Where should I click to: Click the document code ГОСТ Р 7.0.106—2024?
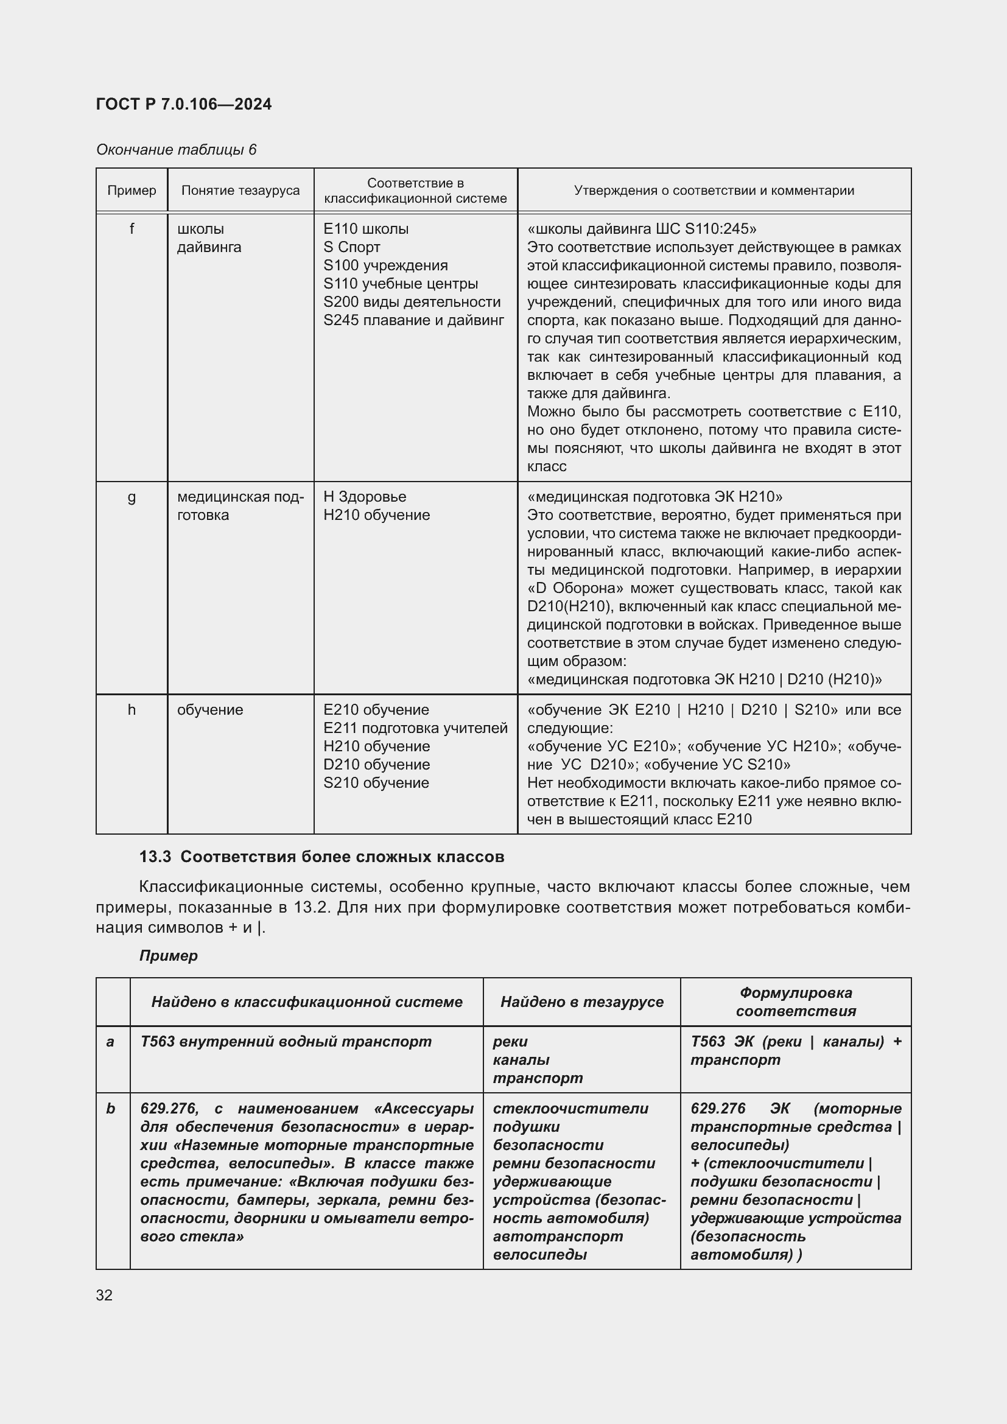click(183, 104)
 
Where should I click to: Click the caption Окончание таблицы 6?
click(176, 150)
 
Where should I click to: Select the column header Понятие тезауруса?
click(240, 191)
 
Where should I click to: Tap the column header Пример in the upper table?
click(132, 191)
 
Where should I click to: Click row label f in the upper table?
click(132, 229)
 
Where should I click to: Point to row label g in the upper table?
click(132, 497)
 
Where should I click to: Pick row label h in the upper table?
click(132, 709)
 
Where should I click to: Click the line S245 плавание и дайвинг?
click(413, 320)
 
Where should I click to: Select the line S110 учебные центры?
click(401, 284)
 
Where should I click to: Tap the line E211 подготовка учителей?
click(415, 728)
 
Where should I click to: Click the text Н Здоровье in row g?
click(365, 497)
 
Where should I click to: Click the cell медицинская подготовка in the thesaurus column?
click(240, 505)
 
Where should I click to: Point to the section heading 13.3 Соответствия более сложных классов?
click(321, 857)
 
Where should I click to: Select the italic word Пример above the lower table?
click(168, 956)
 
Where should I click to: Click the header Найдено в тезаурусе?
click(581, 1001)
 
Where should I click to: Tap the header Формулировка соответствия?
click(796, 1001)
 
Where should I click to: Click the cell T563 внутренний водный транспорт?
click(286, 1041)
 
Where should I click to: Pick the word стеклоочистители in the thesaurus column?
click(570, 1108)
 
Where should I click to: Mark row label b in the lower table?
click(111, 1108)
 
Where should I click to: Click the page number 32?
click(104, 1290)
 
